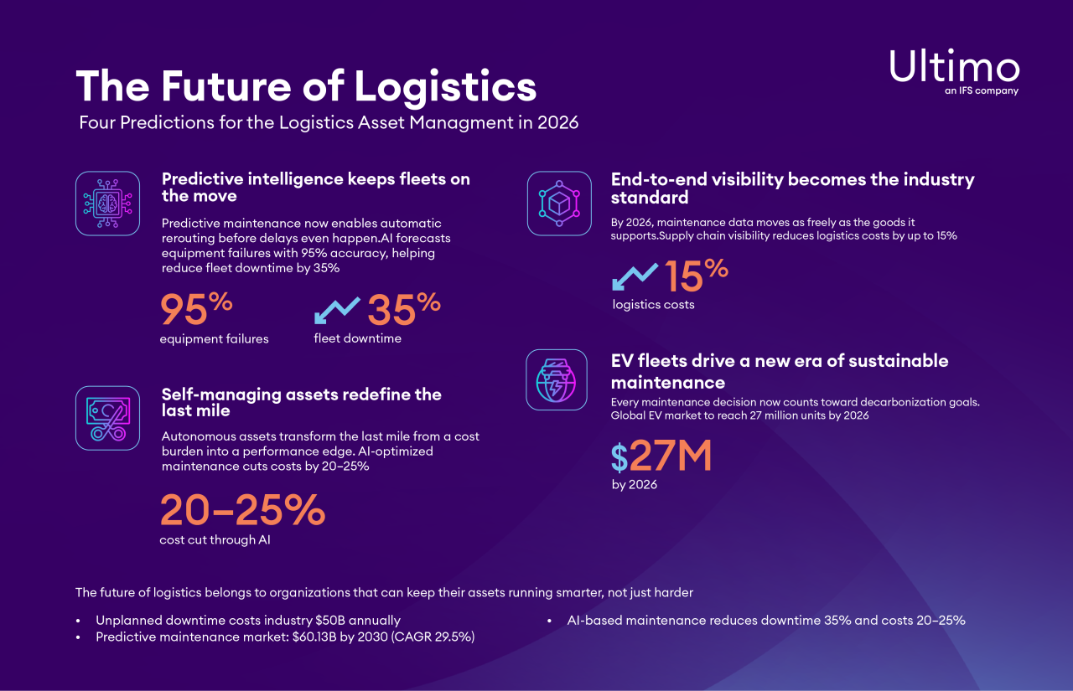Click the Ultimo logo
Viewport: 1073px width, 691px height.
954,66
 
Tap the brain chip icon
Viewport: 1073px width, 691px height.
107,204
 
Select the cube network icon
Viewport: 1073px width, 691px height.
559,204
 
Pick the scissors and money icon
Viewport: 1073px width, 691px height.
107,418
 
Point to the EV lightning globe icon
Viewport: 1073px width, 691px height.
557,379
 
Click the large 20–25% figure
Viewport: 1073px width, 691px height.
241,510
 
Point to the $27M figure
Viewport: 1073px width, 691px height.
661,456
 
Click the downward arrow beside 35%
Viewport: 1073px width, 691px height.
337,310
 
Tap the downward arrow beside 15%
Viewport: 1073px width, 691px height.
635,276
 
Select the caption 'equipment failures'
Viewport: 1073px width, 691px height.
214,339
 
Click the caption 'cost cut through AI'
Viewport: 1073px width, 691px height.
215,540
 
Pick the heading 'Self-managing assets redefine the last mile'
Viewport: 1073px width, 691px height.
301,402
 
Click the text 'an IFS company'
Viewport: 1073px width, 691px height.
981,90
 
